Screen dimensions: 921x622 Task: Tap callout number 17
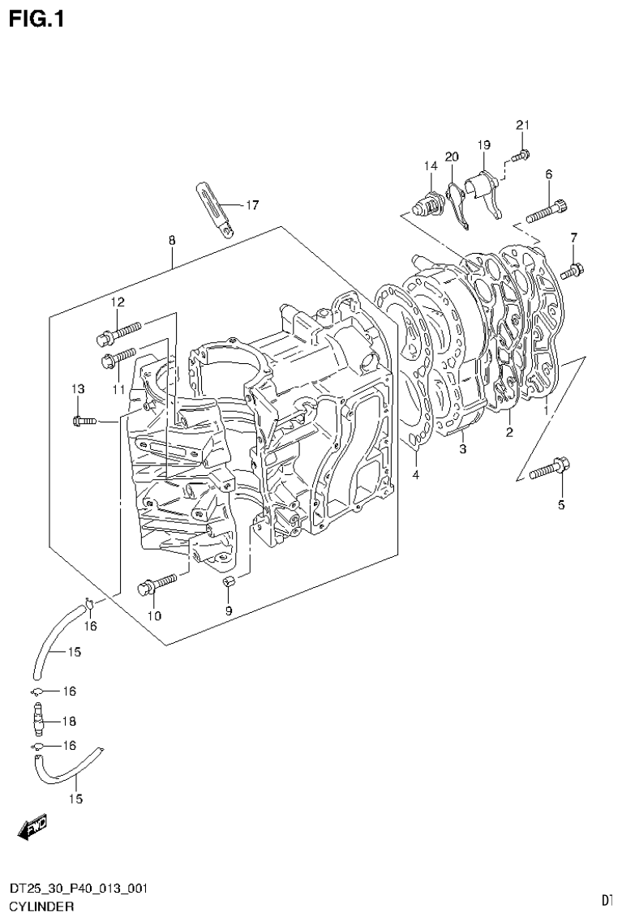[x=251, y=205]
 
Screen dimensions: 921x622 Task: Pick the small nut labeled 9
[x=229, y=582]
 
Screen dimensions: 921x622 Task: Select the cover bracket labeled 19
[x=484, y=193]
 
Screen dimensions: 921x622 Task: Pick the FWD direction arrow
[x=33, y=826]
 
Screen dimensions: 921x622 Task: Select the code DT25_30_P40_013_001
[x=78, y=889]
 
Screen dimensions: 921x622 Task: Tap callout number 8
[x=172, y=240]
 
